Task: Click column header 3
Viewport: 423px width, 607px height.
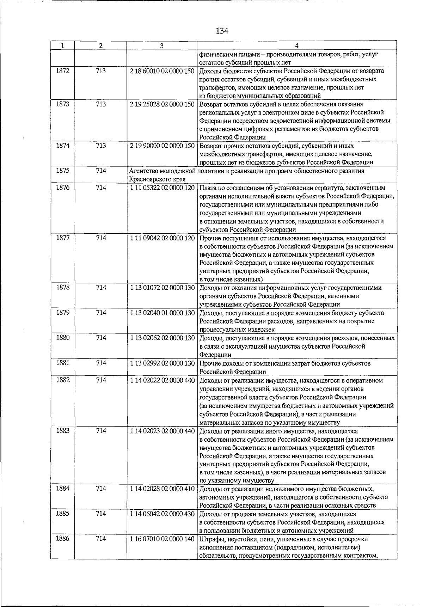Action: point(161,45)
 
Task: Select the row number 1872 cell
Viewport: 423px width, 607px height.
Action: point(62,71)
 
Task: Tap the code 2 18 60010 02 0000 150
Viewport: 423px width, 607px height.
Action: point(162,71)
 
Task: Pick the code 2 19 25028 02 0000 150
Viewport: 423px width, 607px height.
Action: point(162,104)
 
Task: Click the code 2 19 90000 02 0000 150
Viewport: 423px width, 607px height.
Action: point(162,146)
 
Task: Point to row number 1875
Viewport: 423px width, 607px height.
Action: point(62,171)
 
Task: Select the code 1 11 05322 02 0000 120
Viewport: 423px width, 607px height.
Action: point(162,188)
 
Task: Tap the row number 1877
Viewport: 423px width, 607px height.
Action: point(62,238)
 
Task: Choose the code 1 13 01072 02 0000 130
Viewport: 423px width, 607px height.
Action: point(162,288)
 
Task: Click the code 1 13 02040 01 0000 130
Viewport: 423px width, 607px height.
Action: point(162,313)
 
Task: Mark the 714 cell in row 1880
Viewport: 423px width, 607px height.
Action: point(101,338)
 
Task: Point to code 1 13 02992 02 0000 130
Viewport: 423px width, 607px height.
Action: point(162,363)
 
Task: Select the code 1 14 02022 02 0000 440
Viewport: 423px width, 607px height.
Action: point(162,380)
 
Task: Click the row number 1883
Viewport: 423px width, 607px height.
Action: point(62,431)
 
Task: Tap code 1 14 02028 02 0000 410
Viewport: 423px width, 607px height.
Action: point(162,489)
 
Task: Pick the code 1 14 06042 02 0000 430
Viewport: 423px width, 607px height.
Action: point(162,514)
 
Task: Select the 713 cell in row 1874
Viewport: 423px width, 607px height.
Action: point(101,146)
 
